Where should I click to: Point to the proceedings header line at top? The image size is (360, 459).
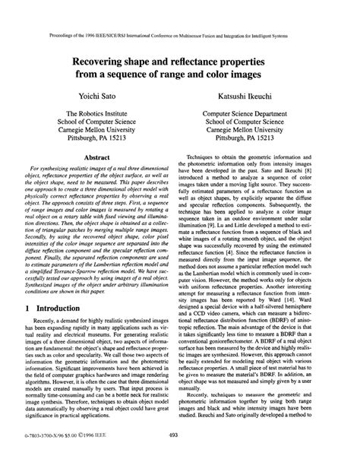click(179, 13)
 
